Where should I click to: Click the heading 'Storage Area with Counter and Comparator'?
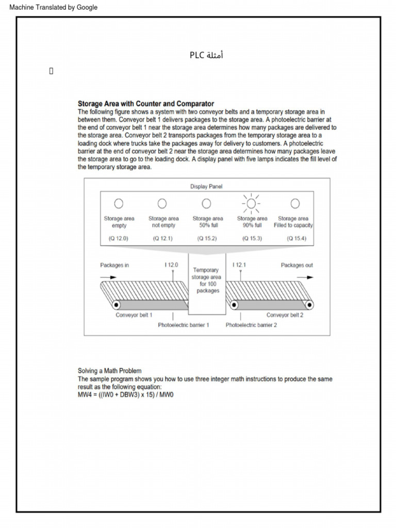coord(145,104)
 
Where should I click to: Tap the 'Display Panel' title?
coord(206,186)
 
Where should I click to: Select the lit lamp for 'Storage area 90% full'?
coord(252,203)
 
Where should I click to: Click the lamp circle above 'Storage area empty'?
coord(119,203)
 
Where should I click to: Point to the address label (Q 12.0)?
coord(119,239)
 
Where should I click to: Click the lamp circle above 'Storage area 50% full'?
coord(206,203)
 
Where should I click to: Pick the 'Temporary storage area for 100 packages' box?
coord(206,284)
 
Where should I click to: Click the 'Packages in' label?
coord(114,265)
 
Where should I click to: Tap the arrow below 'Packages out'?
coord(305,277)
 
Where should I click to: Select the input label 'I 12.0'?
coord(172,265)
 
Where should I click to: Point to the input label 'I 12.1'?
coord(240,265)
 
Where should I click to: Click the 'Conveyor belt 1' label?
coord(134,315)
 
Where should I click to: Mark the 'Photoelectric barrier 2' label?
coord(251,325)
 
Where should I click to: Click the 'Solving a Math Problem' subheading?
coord(109,371)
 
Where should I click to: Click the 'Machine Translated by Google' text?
coord(49,7)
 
